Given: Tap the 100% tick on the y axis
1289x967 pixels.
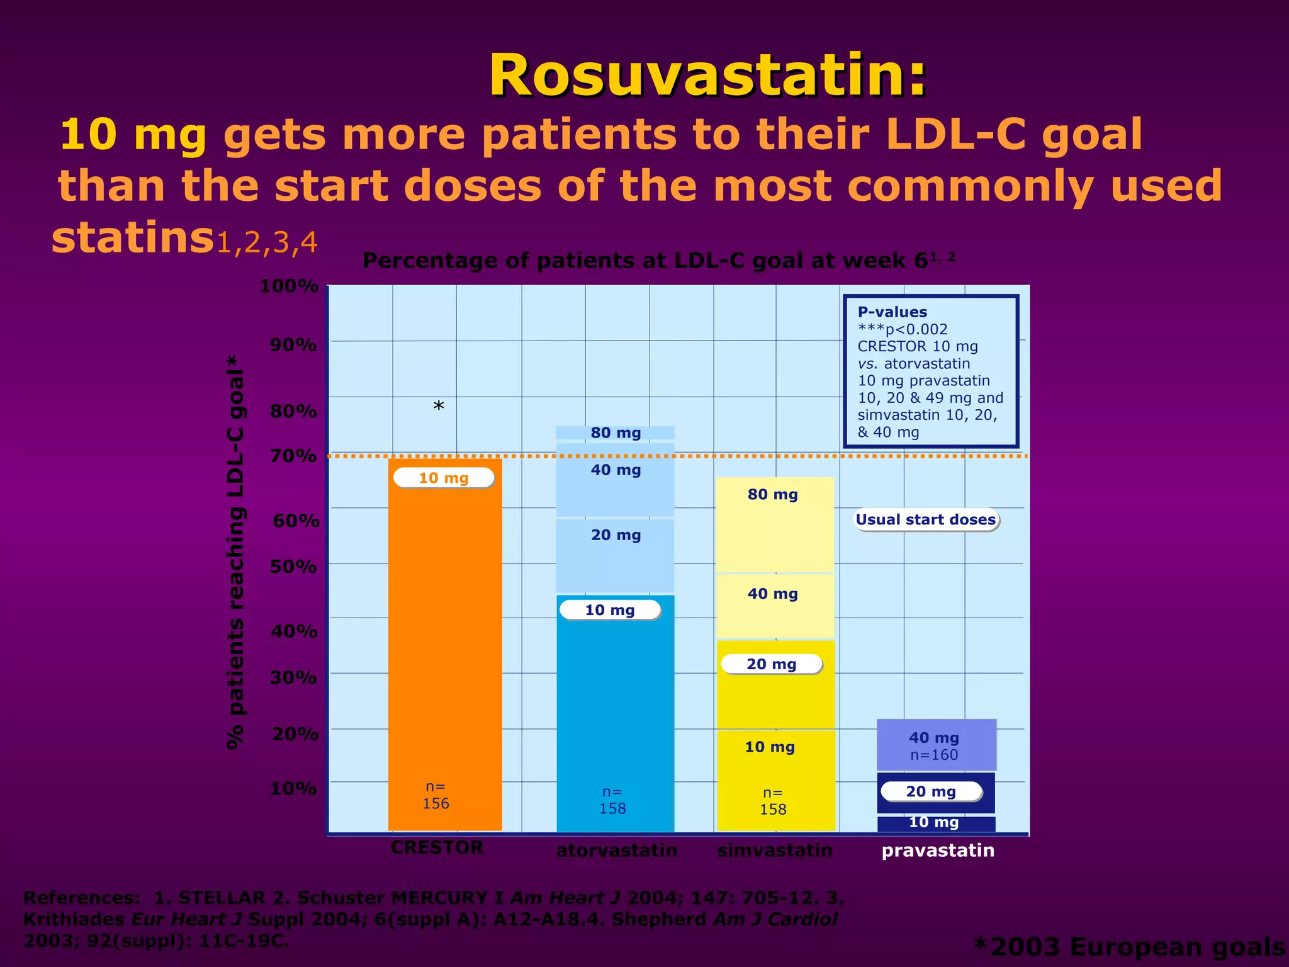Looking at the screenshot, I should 289,286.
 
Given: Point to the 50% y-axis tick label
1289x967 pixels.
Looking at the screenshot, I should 293,567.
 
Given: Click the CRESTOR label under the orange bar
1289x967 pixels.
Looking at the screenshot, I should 437,847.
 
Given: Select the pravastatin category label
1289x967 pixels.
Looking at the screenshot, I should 938,851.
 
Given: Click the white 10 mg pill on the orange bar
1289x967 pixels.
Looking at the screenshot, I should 444,478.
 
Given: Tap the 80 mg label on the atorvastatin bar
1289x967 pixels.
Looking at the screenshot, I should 616,433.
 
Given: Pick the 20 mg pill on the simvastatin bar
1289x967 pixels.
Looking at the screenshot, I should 772,664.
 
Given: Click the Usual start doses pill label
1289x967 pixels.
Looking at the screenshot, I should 926,520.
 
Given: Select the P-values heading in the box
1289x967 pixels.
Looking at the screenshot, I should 892,312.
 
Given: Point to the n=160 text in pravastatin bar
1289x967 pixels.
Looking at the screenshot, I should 934,755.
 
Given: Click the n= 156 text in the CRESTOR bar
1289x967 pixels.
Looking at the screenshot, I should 436,795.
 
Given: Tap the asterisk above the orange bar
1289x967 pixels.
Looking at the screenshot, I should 439,407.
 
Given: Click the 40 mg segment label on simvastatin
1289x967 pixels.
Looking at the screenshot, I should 772,594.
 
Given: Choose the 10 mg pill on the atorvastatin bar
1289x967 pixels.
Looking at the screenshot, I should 610,610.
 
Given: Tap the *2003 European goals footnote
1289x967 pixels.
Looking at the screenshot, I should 1129,947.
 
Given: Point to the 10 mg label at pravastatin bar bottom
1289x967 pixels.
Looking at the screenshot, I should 934,822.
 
